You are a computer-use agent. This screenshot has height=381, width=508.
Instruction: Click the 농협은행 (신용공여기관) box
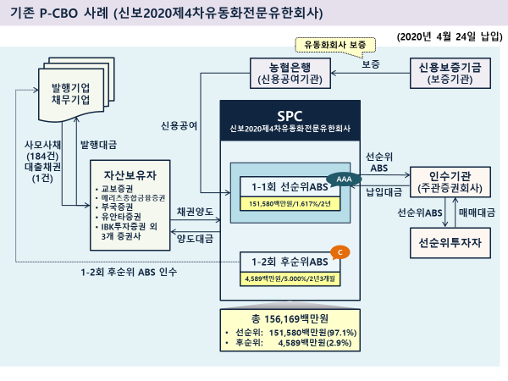pos(290,74)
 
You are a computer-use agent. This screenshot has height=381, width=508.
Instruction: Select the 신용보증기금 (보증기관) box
pos(450,74)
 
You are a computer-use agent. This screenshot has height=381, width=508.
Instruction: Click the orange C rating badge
pos(340,252)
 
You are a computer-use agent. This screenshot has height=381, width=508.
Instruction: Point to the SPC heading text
pos(290,113)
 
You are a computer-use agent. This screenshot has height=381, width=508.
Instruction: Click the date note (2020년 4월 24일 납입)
pos(448,37)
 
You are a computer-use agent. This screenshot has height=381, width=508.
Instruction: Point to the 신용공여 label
pos(179,125)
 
